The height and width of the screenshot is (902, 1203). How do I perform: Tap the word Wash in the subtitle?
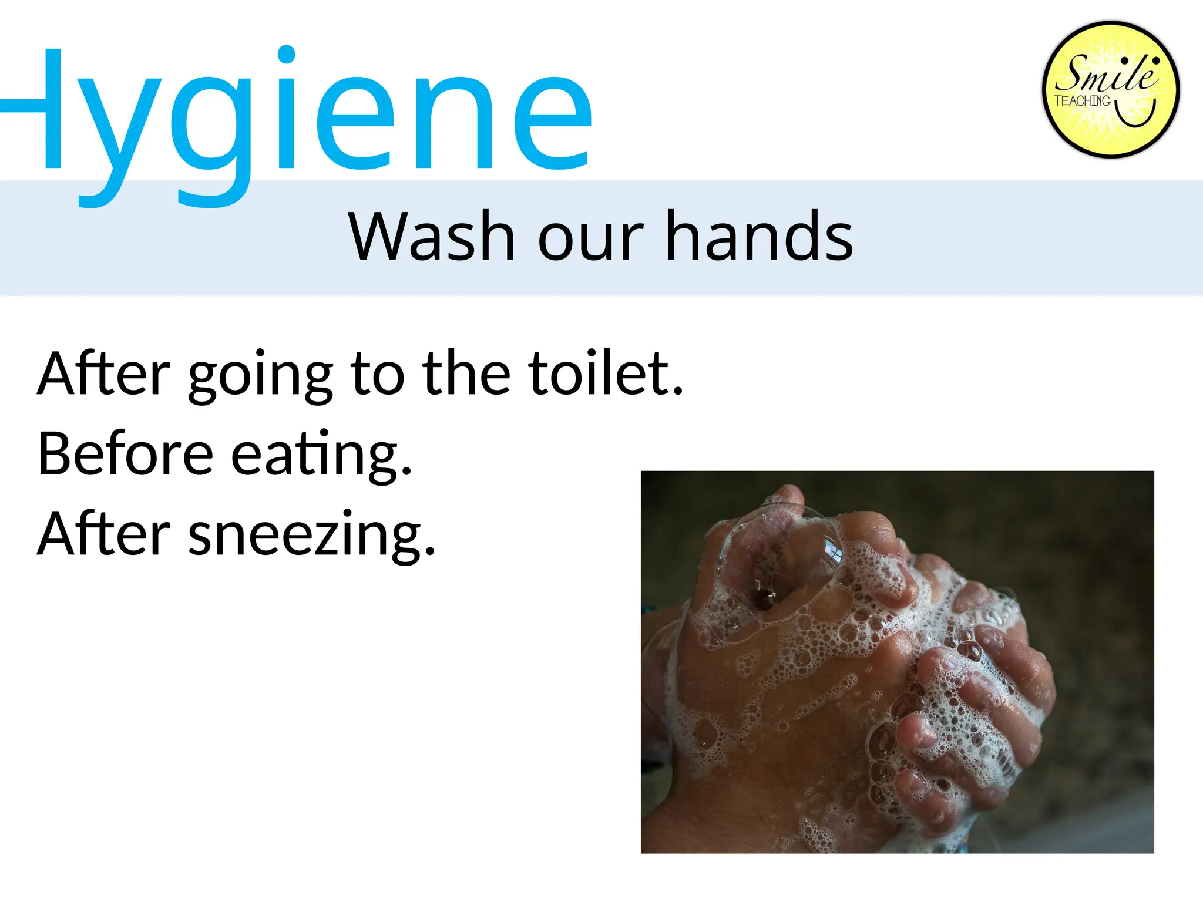[432, 236]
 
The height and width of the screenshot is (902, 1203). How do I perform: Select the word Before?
[126, 453]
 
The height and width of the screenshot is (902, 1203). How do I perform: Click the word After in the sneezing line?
[104, 533]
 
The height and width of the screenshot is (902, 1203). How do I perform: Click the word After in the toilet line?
[104, 373]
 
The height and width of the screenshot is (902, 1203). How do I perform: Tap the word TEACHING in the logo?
[1082, 101]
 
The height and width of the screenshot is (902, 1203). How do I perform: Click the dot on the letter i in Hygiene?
[286, 55]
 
